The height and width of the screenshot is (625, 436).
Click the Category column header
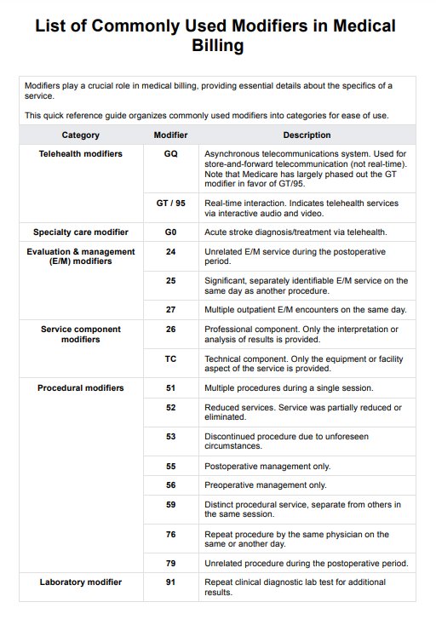[x=80, y=135]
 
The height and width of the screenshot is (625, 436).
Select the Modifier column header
[x=170, y=135]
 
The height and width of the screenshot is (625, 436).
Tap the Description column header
[x=307, y=135]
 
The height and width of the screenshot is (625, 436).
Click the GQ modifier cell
[x=170, y=154]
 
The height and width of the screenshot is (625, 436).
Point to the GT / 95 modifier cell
[x=170, y=203]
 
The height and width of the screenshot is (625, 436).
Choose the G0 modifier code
[x=170, y=232]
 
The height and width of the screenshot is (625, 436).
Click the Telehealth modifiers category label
[x=80, y=154]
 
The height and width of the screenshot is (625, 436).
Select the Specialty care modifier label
[x=80, y=232]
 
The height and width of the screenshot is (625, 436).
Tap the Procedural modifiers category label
[x=80, y=388]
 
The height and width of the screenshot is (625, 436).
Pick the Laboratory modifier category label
[x=80, y=582]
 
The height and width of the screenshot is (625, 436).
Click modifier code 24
[x=170, y=252]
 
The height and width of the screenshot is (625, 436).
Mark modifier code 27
[x=170, y=309]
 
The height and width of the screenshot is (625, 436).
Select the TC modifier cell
[x=170, y=358]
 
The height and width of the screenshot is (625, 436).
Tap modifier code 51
[x=170, y=388]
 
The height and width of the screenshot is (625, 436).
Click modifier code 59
[x=170, y=505]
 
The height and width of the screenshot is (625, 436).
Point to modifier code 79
[x=170, y=563]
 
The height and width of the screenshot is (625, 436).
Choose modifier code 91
[x=170, y=582]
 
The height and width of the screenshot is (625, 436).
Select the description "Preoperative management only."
[x=265, y=485]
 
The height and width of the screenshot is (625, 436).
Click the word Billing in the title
[x=218, y=46]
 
